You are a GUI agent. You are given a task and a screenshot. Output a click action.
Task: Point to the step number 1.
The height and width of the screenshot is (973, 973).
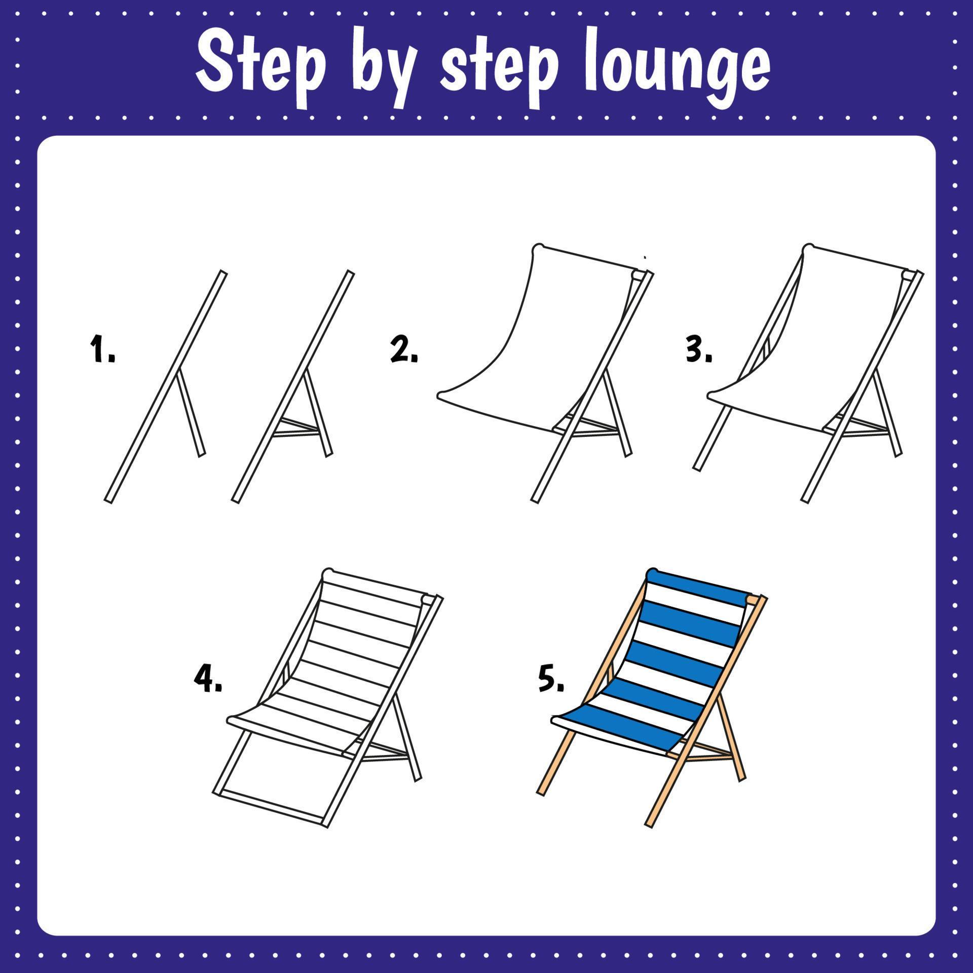click(x=102, y=349)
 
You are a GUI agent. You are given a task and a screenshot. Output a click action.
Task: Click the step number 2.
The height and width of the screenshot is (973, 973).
click(x=403, y=350)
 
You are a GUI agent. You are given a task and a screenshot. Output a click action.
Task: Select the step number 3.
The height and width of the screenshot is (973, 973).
click(x=698, y=350)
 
